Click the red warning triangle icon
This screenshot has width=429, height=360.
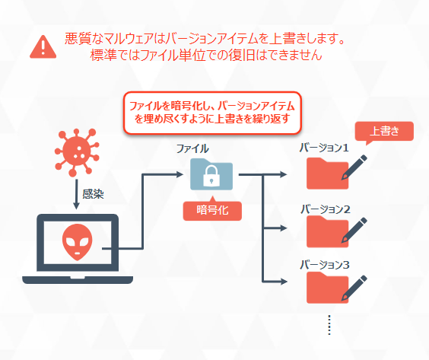[x=43, y=47]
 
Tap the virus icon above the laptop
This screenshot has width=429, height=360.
[x=77, y=152]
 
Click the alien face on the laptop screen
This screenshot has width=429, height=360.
[x=77, y=242]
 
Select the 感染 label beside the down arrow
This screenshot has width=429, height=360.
[x=93, y=194]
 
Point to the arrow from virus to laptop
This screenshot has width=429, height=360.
[x=77, y=194]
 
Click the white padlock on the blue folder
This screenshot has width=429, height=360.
[x=211, y=176]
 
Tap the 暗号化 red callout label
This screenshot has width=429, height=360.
[x=212, y=210]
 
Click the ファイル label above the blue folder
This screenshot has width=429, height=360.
[x=192, y=148]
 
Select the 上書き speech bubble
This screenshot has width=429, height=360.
[x=384, y=132]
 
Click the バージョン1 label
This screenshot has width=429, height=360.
[x=324, y=148]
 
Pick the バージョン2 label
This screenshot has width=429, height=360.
[x=326, y=209]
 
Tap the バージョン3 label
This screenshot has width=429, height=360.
[x=325, y=265]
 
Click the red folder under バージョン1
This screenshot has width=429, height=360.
[x=328, y=174]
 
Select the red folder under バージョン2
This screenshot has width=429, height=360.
[x=328, y=231]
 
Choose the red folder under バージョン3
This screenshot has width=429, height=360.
[x=328, y=288]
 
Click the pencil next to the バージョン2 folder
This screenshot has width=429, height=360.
[x=354, y=230]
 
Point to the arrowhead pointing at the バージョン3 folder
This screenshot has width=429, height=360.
[x=284, y=282]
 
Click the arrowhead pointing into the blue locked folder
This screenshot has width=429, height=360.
[x=180, y=174]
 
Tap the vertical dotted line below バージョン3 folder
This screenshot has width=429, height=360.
[x=329, y=325]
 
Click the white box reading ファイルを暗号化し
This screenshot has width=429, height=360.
[x=212, y=113]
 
